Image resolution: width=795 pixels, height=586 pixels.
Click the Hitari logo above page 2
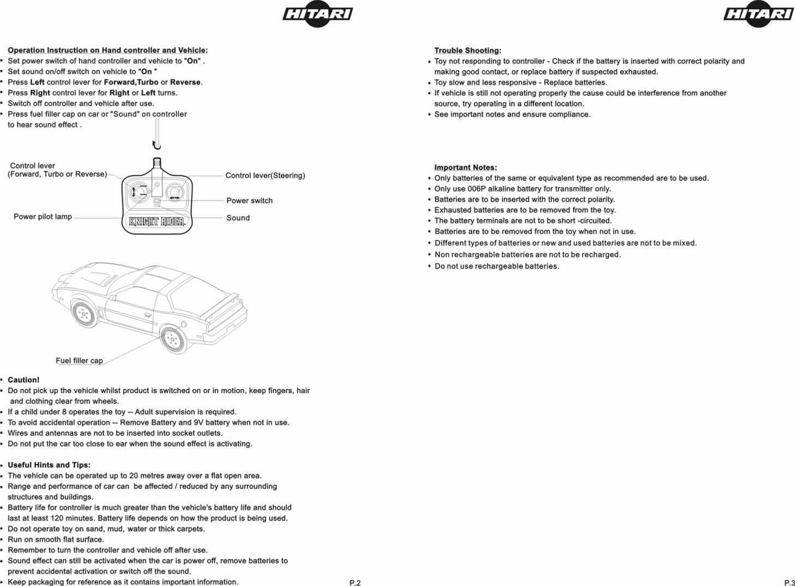[318, 15]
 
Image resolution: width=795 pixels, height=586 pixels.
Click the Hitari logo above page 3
[758, 15]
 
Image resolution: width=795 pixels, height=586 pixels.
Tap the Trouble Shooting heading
[468, 51]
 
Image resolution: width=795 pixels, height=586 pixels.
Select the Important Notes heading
[465, 168]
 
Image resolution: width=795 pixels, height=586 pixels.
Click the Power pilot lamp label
[43, 217]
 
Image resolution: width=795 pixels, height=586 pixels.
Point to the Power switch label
[250, 201]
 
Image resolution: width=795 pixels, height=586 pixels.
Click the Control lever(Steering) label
[265, 175]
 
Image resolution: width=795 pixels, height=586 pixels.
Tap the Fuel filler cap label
[79, 361]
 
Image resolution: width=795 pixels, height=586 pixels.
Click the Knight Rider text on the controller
[157, 222]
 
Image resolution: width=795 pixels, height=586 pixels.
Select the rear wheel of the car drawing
[173, 339]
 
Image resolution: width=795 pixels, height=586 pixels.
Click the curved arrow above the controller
[156, 145]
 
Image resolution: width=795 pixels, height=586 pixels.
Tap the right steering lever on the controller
[174, 192]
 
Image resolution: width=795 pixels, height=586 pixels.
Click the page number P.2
[355, 583]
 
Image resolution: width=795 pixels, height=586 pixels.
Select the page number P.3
[789, 583]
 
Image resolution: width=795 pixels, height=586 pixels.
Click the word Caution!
[23, 380]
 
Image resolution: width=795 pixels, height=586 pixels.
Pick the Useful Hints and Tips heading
[49, 465]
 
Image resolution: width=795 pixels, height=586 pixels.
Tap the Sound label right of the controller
[238, 218]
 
